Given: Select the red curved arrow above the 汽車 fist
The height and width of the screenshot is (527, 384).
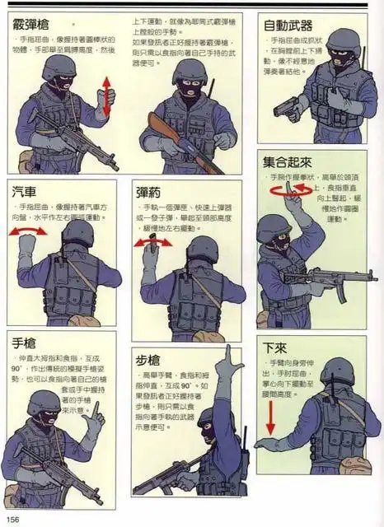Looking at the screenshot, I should point(28,231).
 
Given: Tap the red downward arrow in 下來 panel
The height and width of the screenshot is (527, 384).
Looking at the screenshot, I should point(269,417).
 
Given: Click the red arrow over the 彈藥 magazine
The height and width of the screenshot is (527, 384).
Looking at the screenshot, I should point(149,240).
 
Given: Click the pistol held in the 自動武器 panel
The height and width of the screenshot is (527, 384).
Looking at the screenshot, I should point(286,108).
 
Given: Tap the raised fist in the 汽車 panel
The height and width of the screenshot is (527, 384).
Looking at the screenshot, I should point(29,245).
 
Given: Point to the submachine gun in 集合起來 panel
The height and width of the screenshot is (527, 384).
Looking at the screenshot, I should point(325,277).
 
